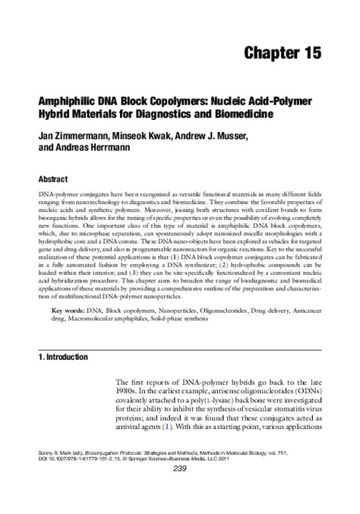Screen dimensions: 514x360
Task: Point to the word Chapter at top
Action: click(x=269, y=53)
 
